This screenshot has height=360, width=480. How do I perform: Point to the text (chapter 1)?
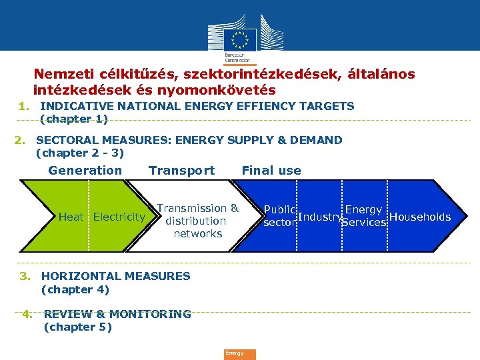click(x=73, y=119)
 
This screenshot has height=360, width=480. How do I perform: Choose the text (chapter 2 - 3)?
click(x=79, y=153)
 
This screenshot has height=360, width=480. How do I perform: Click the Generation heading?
click(x=85, y=171)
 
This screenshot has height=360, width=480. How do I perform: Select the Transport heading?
click(x=181, y=171)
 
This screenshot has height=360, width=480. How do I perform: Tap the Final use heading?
click(x=271, y=171)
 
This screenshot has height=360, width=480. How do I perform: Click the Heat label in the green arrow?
click(x=71, y=217)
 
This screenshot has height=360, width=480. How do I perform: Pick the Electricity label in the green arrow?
click(x=119, y=217)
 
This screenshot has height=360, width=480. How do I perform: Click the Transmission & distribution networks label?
click(x=197, y=221)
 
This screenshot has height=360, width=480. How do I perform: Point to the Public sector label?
click(x=280, y=216)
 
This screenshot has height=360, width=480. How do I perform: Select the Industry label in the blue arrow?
click(x=319, y=217)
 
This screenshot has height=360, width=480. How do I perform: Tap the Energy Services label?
click(x=363, y=216)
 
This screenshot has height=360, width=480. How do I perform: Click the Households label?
click(x=419, y=217)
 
